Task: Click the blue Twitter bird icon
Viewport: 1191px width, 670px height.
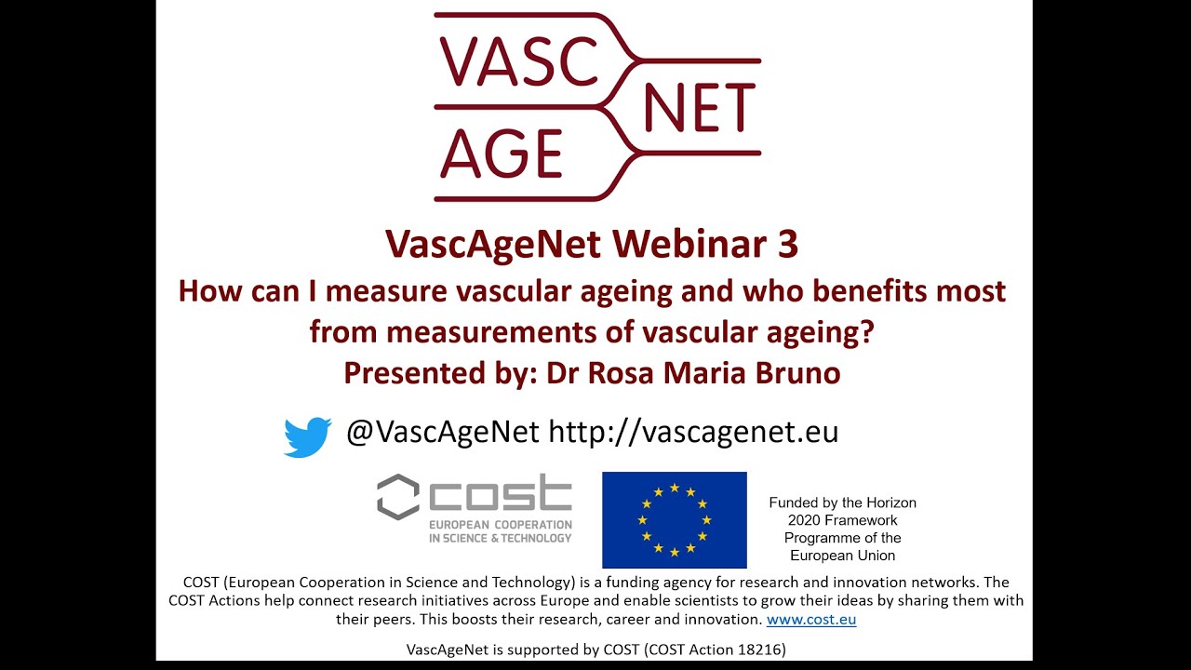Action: (307, 436)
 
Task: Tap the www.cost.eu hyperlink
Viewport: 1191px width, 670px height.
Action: (811, 619)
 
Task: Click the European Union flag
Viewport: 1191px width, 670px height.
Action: (674, 519)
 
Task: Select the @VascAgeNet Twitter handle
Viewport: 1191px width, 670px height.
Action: (442, 432)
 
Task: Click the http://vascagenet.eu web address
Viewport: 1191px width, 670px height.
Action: (693, 432)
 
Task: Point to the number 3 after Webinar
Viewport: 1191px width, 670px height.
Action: (787, 244)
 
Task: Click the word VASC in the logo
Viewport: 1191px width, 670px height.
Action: (519, 63)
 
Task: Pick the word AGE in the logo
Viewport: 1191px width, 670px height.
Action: (502, 153)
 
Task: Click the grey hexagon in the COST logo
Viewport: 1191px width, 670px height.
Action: (397, 496)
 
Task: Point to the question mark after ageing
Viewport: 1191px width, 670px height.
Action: (867, 331)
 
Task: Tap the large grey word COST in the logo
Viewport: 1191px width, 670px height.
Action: (501, 495)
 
